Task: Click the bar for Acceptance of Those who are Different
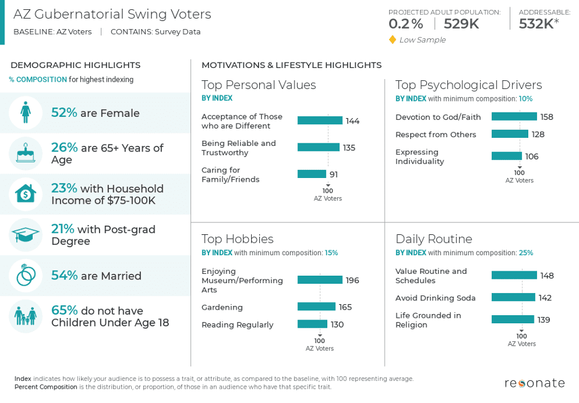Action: click(x=319, y=121)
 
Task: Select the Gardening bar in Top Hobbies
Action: click(x=316, y=307)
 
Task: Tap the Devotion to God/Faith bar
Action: click(x=514, y=116)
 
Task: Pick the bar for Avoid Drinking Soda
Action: click(x=513, y=297)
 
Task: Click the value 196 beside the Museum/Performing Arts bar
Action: click(x=352, y=280)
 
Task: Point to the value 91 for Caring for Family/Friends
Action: click(x=333, y=174)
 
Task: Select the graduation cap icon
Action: click(x=25, y=235)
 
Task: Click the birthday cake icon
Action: click(x=25, y=153)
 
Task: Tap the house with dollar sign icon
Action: click(x=25, y=194)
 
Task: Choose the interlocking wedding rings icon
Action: click(x=25, y=276)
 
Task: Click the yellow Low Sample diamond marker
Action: click(x=392, y=40)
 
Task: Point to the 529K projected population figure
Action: click(x=461, y=24)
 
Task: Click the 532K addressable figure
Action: click(x=536, y=24)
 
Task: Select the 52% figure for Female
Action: click(x=64, y=112)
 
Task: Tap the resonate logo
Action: click(x=534, y=383)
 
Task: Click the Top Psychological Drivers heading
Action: click(x=468, y=85)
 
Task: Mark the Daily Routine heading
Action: click(x=434, y=239)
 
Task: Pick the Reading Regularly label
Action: click(x=237, y=325)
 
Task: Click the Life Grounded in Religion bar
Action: click(x=512, y=320)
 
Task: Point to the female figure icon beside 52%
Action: click(x=25, y=112)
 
